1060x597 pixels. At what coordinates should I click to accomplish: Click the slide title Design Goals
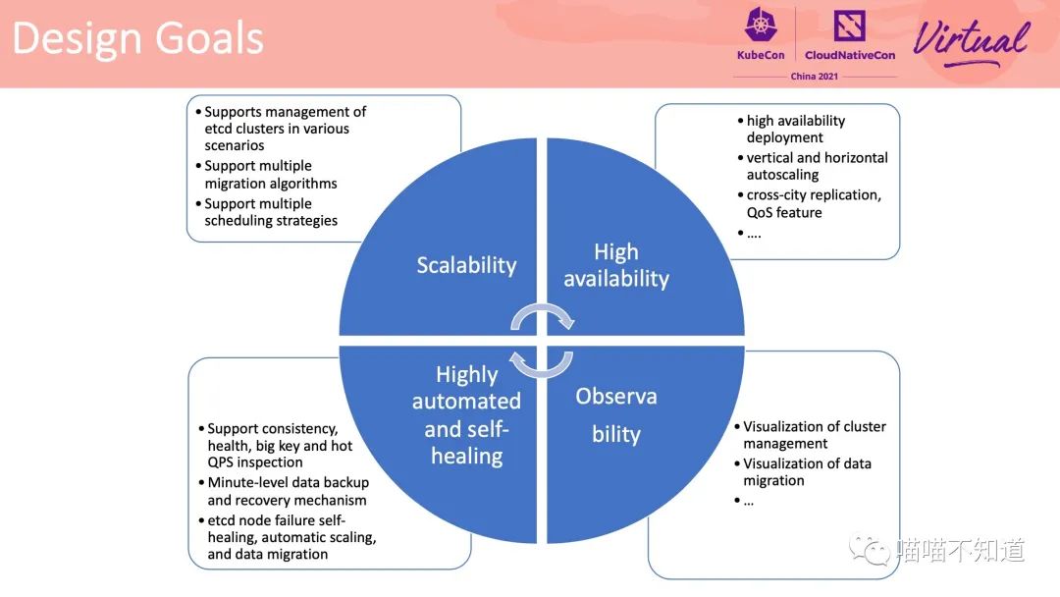pyautogui.click(x=138, y=38)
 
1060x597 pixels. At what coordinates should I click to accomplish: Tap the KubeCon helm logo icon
pyautogui.click(x=761, y=25)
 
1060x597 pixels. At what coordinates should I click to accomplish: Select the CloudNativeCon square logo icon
pyautogui.click(x=849, y=27)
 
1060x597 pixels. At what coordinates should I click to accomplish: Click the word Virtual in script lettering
pyautogui.click(x=972, y=40)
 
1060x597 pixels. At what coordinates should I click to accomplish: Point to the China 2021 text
pyautogui.click(x=814, y=77)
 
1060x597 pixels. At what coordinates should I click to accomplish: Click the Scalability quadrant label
pyautogui.click(x=466, y=265)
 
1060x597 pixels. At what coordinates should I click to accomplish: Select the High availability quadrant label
pyautogui.click(x=616, y=265)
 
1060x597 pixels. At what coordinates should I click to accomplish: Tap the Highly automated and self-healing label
pyautogui.click(x=466, y=415)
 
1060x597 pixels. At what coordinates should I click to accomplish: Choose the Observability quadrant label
pyautogui.click(x=615, y=414)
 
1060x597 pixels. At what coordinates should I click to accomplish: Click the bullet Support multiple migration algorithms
pyautogui.click(x=266, y=175)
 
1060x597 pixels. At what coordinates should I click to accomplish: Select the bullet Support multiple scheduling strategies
pyautogui.click(x=266, y=212)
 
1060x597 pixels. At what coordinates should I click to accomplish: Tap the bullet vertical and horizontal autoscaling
pyautogui.click(x=813, y=166)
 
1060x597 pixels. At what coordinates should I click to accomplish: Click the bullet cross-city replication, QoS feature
pyautogui.click(x=809, y=203)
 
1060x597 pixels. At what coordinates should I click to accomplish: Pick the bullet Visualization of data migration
pyautogui.click(x=803, y=472)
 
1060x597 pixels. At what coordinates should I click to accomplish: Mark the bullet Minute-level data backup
pyautogui.click(x=284, y=492)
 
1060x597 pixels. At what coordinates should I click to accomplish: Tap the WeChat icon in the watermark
pyautogui.click(x=870, y=550)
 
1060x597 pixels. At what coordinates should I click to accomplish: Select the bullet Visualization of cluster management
pyautogui.click(x=811, y=435)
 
